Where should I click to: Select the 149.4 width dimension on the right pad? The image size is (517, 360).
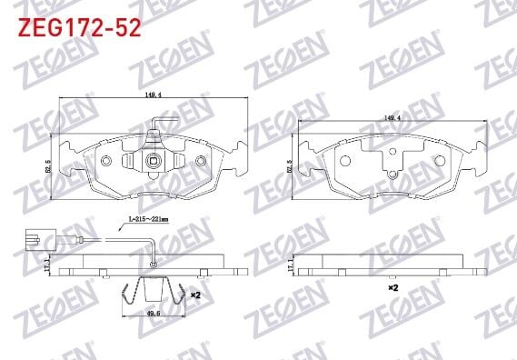(x=392, y=116)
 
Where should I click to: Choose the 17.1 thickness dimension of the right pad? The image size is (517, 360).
(x=289, y=266)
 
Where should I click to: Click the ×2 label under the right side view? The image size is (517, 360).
(x=393, y=288)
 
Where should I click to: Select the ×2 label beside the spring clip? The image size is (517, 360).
(x=194, y=294)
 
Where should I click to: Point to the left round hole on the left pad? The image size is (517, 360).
(x=106, y=161)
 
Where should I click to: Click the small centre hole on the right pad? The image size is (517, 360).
(x=392, y=176)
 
